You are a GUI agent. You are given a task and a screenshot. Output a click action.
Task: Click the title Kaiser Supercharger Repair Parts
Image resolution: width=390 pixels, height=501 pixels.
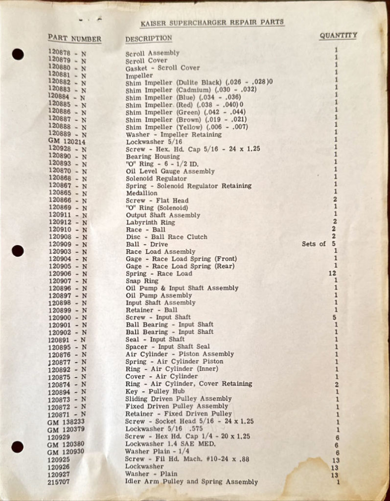coord(212,23)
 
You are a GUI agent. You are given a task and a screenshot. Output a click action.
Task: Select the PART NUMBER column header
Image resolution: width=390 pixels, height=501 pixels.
coord(74,39)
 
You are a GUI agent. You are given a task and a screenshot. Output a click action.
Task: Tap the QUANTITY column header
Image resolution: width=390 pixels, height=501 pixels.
coord(338,36)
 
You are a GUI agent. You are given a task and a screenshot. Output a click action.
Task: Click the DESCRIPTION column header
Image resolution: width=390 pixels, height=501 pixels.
coord(149,38)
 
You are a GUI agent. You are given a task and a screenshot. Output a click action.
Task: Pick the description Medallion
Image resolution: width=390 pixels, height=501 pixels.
coord(141,193)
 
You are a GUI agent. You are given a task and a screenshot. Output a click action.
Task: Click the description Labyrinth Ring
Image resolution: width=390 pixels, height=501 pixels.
coord(151,222)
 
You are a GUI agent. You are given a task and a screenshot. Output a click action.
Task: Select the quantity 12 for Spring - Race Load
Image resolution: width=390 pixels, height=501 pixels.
coord(332,273)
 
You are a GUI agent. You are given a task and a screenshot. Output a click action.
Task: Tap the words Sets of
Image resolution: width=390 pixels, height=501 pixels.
coord(314,244)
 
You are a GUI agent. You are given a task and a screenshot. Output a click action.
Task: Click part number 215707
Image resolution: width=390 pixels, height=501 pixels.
coord(59,482)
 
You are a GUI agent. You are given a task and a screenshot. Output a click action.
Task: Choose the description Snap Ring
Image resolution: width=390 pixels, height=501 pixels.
coord(142,281)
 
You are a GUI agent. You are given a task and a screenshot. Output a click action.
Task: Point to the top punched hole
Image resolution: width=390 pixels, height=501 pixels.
coord(18,54)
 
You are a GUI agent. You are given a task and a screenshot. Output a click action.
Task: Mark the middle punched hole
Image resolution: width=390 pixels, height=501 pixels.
coord(18,251)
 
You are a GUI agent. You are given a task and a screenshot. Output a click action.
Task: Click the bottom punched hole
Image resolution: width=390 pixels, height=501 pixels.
coord(18,447)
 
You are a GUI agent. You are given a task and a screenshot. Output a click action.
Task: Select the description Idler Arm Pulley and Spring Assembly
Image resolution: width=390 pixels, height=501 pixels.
coord(191,482)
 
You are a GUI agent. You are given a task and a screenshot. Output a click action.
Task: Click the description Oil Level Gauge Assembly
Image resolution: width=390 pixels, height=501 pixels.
coord(170,171)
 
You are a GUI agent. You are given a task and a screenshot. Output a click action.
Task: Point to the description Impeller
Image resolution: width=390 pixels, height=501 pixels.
coord(139,76)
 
